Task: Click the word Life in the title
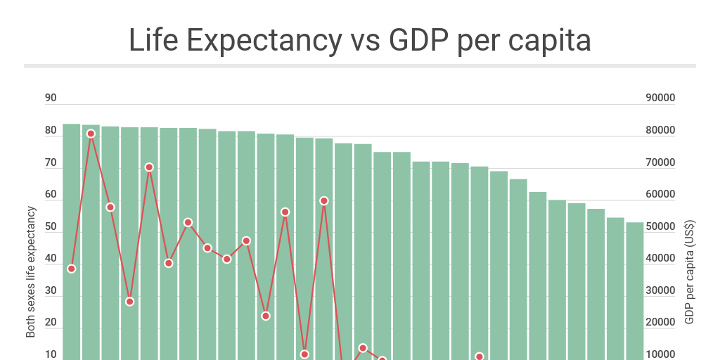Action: coord(150,41)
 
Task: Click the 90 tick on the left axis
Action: coord(51,98)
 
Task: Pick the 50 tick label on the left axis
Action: coord(51,227)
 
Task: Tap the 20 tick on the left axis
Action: coord(51,323)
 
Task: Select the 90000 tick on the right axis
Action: coord(660,98)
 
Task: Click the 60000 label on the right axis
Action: coord(660,195)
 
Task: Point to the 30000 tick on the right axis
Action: coord(660,290)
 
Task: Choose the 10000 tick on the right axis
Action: coord(660,354)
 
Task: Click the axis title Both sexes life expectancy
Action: coord(31,271)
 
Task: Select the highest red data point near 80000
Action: coord(91,134)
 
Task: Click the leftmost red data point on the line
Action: coord(71,269)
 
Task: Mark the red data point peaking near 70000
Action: coord(149,167)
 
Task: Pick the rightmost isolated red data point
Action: coord(480,356)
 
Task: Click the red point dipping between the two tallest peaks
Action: coord(129,302)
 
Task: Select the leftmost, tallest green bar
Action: coord(71,239)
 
